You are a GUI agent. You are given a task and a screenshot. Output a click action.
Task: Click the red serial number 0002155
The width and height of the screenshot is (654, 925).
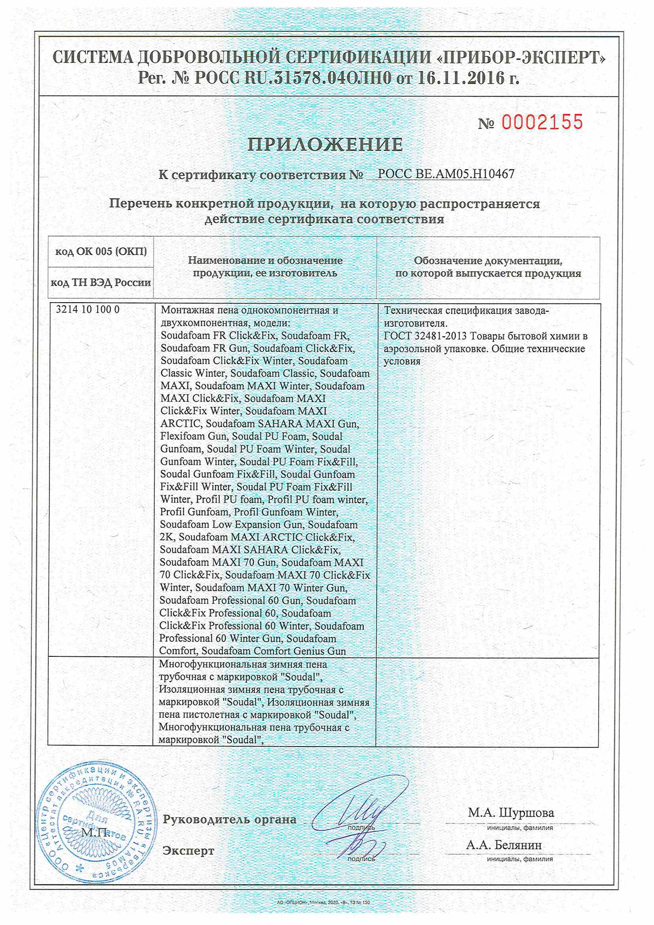pyautogui.click(x=542, y=123)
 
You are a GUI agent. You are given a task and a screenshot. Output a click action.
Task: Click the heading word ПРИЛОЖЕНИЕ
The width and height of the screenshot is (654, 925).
pyautogui.click(x=325, y=145)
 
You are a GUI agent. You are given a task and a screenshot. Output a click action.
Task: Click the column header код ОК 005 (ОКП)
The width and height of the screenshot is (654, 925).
pyautogui.click(x=101, y=251)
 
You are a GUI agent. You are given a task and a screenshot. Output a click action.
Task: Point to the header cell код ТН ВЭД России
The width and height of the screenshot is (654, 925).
pyautogui.click(x=101, y=283)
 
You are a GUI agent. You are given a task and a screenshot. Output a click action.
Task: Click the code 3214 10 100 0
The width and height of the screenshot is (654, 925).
pyautogui.click(x=88, y=310)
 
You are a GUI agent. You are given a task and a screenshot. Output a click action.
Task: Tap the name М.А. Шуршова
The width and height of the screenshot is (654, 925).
pyautogui.click(x=511, y=813)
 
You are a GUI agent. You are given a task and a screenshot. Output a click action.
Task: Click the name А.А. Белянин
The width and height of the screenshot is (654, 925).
pyautogui.click(x=504, y=845)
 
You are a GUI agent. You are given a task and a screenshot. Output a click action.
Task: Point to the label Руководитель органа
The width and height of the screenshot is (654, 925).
pyautogui.click(x=229, y=819)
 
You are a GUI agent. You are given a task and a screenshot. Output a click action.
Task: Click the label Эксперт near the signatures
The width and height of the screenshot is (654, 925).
pyautogui.click(x=188, y=850)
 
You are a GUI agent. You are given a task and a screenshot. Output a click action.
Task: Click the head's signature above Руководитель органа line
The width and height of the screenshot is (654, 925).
pyautogui.click(x=362, y=807)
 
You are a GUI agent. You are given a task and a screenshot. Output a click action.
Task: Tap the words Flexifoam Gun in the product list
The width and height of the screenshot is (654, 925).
pyautogui.click(x=193, y=437)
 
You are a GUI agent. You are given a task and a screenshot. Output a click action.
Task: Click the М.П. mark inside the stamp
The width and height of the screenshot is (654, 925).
pyautogui.click(x=95, y=832)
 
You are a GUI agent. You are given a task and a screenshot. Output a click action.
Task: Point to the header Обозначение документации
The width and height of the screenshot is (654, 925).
pyautogui.click(x=488, y=261)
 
